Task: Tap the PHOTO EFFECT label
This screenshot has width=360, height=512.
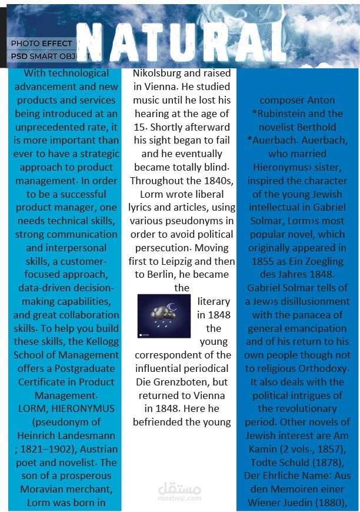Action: coord(41,44)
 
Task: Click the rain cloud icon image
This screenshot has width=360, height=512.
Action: coord(164,316)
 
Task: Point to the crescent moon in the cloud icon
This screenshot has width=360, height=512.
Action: coord(172,306)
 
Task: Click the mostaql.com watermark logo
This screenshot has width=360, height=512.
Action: coord(179,490)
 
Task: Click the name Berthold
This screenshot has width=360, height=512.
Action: coord(315,127)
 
